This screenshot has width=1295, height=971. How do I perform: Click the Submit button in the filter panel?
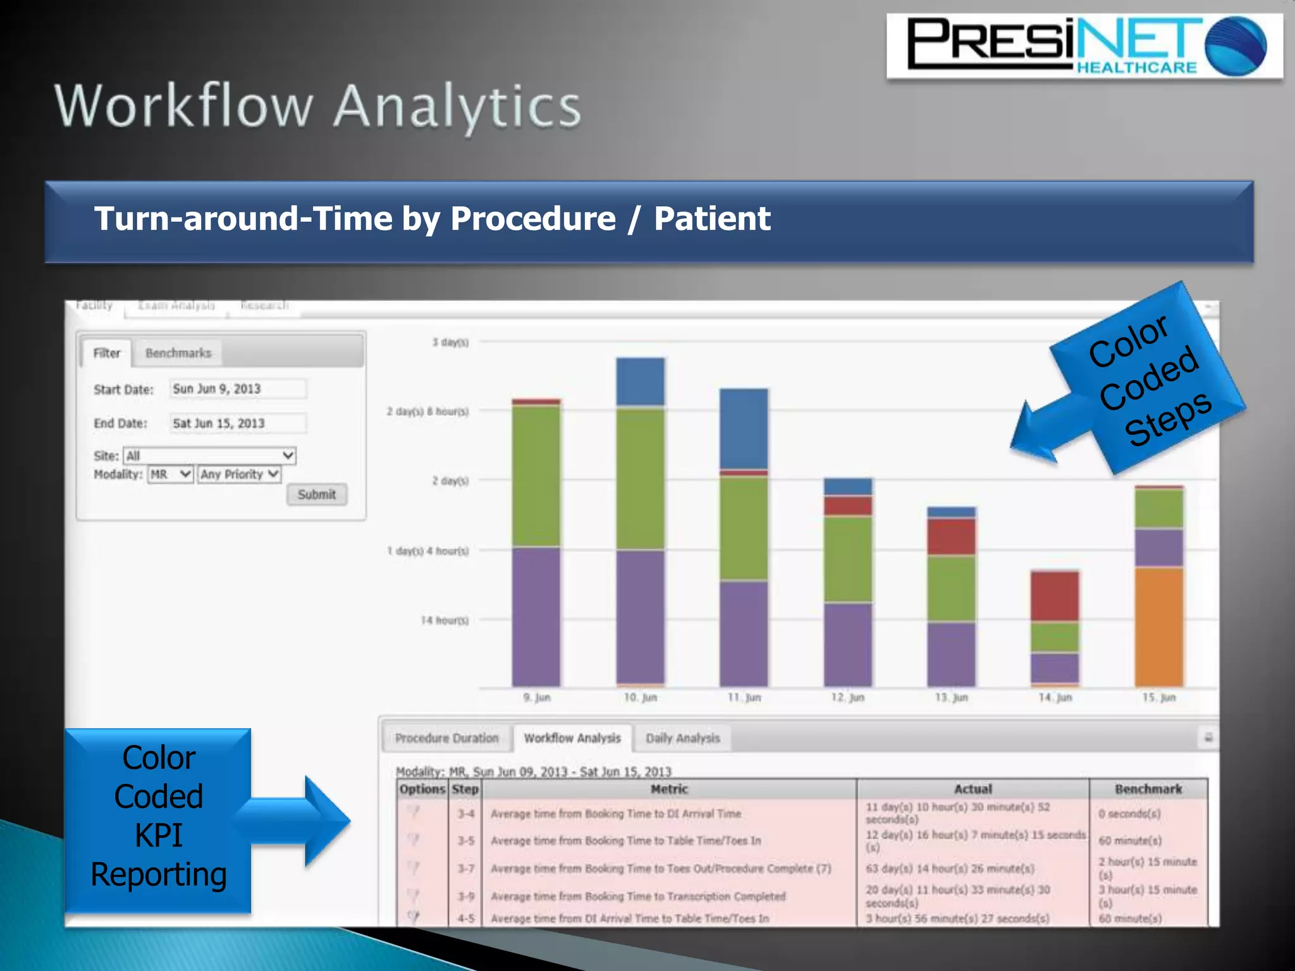(x=317, y=494)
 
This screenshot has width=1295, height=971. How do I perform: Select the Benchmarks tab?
(x=178, y=353)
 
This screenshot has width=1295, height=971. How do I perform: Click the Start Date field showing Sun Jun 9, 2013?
(x=238, y=389)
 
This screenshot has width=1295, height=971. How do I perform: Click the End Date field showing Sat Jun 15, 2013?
(x=238, y=423)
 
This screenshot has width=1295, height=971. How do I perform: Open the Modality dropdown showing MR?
(x=170, y=474)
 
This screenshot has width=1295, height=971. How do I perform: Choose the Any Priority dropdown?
(x=239, y=474)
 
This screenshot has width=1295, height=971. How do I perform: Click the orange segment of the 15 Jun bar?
(x=1158, y=626)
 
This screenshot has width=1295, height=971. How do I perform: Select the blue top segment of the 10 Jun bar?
(x=640, y=382)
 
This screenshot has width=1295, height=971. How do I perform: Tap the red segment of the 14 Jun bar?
(x=1055, y=596)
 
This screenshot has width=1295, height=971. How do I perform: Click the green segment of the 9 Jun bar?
(x=536, y=475)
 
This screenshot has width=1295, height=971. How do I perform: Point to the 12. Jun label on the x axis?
(x=847, y=697)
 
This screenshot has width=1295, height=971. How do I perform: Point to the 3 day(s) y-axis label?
(x=450, y=342)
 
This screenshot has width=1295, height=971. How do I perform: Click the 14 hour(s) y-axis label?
(x=445, y=620)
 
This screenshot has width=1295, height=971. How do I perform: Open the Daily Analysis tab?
(x=682, y=738)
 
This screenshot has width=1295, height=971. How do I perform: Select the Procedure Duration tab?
(x=446, y=738)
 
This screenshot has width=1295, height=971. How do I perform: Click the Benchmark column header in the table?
(x=1148, y=789)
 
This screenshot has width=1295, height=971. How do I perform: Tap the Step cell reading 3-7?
(x=466, y=869)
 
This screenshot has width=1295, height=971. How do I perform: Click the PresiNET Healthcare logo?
(x=1084, y=46)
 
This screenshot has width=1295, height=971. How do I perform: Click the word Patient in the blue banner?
(x=712, y=219)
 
